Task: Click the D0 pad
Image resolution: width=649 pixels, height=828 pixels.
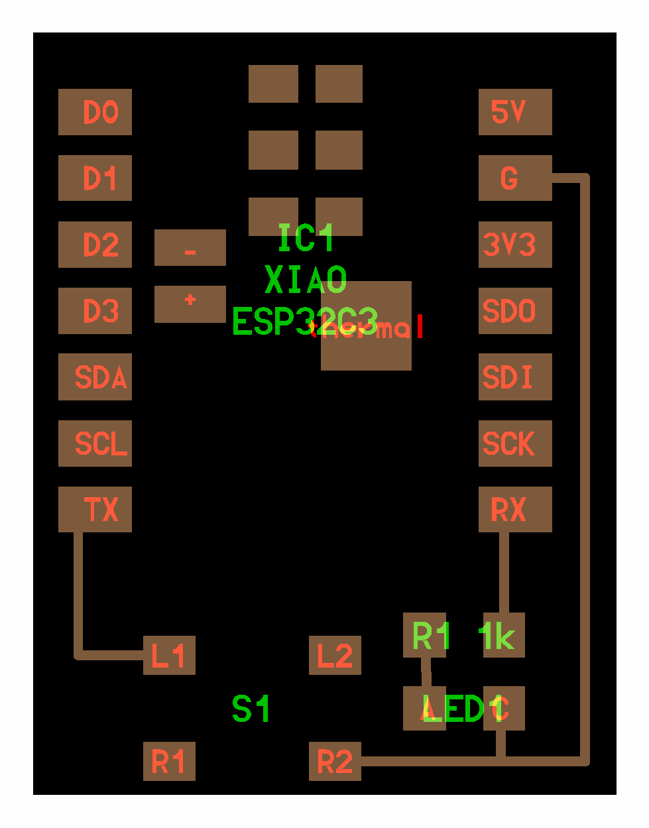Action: [x=95, y=112]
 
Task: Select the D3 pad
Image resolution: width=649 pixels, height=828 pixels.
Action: [x=95, y=310]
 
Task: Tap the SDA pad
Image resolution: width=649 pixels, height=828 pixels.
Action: [x=95, y=377]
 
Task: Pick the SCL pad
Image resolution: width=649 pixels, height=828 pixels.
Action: [x=95, y=443]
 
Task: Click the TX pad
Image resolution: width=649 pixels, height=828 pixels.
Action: [x=95, y=509]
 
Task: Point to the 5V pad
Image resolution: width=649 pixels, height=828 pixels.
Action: [x=515, y=112]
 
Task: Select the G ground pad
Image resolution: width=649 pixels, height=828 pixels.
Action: [x=515, y=178]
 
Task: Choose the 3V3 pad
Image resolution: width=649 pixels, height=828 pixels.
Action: [x=515, y=244]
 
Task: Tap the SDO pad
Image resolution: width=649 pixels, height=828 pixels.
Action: [x=515, y=310]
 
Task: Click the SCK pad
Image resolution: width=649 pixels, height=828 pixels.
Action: [x=515, y=443]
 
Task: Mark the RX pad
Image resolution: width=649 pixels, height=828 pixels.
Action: [x=515, y=509]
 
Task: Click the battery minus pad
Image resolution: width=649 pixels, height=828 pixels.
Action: [x=190, y=247]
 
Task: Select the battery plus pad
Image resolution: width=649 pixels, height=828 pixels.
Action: [x=190, y=304]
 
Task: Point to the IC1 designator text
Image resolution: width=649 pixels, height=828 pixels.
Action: [x=306, y=238]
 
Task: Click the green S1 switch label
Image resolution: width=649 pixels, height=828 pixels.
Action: [x=251, y=709]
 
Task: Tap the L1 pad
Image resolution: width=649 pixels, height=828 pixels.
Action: [x=169, y=655]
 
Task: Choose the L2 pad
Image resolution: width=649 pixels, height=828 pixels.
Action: [x=335, y=655]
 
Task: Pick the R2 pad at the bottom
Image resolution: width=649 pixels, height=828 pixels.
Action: [x=335, y=761]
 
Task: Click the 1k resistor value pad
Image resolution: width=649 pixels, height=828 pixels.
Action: [x=504, y=635]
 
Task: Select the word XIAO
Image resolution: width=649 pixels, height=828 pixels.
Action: [x=306, y=280]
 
